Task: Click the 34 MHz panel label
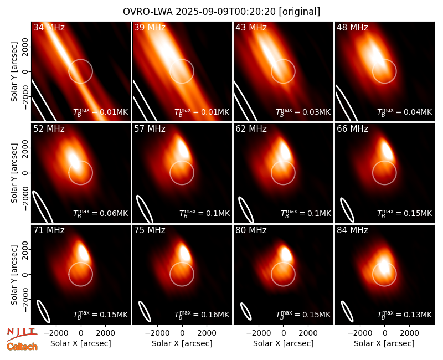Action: coord(49,27)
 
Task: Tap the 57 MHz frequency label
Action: coord(150,129)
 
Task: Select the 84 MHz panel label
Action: coord(352,230)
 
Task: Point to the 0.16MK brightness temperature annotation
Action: coord(202,314)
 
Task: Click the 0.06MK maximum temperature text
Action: coord(101,213)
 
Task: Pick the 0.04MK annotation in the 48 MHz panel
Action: coord(405,111)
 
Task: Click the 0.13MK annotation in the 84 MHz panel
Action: coord(405,314)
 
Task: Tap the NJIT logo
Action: coord(22,334)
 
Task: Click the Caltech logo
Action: coord(22,347)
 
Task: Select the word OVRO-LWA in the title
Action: coord(148,12)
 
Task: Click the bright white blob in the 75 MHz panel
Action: coord(185,253)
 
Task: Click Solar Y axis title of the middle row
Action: coord(14,173)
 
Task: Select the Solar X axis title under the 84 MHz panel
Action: coord(384,343)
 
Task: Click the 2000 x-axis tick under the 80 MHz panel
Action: coord(308,333)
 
